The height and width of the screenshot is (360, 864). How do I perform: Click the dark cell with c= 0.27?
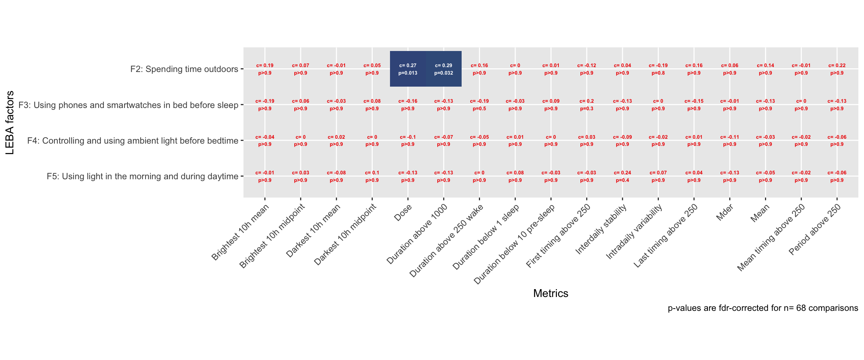[408, 69]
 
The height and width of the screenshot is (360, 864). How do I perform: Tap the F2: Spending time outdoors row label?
[184, 69]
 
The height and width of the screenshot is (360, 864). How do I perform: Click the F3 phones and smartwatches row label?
[128, 105]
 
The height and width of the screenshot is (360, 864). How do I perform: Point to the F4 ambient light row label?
[133, 141]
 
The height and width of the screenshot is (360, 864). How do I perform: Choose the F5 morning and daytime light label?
[142, 176]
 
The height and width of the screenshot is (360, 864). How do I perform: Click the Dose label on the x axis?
[403, 212]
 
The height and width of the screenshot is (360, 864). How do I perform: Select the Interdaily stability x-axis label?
[601, 229]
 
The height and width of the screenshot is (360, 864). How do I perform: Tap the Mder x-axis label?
[724, 213]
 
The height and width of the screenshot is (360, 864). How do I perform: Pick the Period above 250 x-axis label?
[814, 230]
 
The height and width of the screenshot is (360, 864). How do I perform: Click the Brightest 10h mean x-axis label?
[240, 232]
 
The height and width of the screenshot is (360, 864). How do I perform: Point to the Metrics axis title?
[550, 293]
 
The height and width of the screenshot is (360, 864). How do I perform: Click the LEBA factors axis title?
[10, 123]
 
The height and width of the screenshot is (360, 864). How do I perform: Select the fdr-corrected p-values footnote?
[763, 308]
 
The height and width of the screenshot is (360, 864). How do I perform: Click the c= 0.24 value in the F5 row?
[622, 173]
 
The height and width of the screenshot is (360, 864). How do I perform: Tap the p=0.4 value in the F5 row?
[622, 180]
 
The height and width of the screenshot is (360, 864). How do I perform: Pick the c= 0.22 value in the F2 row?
[837, 66]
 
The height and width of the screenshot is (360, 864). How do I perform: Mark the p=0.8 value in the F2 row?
[658, 73]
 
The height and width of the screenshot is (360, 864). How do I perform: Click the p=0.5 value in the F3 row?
[479, 109]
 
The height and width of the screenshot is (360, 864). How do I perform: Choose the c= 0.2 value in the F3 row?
[586, 101]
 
